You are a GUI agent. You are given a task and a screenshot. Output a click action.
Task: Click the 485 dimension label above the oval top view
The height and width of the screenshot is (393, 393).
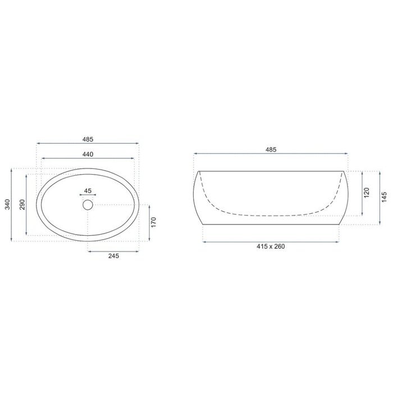tap(88, 139)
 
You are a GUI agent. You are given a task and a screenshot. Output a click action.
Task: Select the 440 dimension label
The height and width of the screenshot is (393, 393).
tap(88, 154)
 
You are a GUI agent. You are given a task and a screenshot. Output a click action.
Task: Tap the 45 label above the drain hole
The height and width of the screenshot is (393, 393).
tap(88, 191)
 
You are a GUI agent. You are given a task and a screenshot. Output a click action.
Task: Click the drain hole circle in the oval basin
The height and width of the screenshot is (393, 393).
tap(88, 205)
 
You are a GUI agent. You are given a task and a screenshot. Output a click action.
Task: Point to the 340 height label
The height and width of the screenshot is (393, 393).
tap(7, 204)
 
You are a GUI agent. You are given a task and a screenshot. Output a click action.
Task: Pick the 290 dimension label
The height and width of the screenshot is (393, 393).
tap(22, 204)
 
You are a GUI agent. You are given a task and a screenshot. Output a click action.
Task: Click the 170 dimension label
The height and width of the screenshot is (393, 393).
tap(154, 222)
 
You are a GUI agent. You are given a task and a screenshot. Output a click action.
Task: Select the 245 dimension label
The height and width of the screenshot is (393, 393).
tap(113, 256)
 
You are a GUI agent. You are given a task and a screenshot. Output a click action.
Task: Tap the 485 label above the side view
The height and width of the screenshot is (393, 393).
tap(271, 150)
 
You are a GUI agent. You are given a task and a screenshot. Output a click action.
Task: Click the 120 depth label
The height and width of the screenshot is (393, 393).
tap(367, 193)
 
